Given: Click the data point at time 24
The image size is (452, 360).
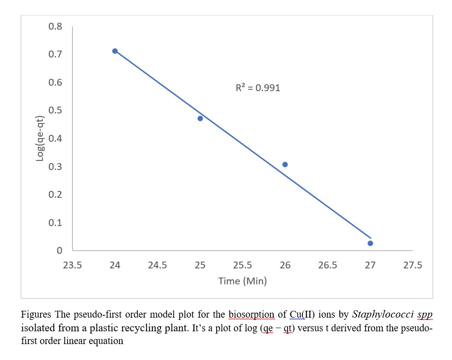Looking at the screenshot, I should (115, 51).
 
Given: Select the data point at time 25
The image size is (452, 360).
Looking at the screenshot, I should (200, 118).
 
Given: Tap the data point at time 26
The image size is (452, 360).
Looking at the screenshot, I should (285, 165).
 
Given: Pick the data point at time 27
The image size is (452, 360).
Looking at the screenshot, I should (370, 243).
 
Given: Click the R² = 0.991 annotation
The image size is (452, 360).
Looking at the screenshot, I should (258, 88).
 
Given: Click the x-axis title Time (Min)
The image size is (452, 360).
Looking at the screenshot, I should (242, 281).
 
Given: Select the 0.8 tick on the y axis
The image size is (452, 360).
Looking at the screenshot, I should (55, 26).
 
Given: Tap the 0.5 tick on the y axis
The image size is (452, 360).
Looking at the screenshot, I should (55, 110).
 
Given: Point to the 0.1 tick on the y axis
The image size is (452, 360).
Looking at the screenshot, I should (55, 223).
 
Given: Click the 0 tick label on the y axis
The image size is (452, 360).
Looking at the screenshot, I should (59, 251).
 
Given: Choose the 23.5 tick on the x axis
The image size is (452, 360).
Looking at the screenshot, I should (73, 265).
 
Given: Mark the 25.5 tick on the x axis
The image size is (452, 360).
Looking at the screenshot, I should (243, 265).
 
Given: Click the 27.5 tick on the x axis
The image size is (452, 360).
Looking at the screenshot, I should (413, 265).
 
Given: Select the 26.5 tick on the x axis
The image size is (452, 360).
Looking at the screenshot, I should (327, 265).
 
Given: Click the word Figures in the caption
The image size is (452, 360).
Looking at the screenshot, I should (36, 314).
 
